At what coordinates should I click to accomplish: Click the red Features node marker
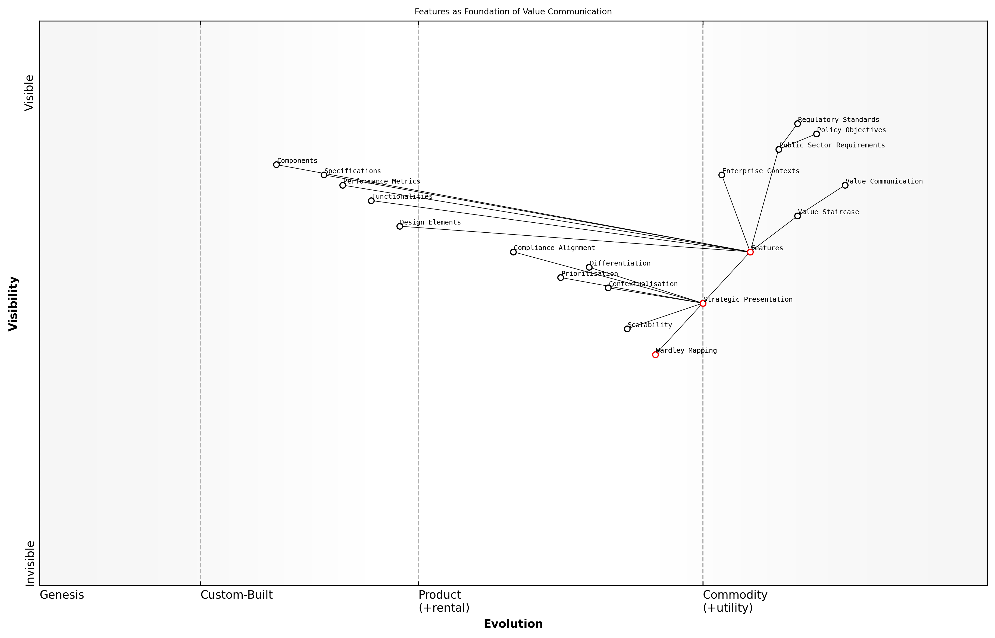click(x=750, y=252)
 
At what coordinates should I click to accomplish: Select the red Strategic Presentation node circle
click(x=703, y=303)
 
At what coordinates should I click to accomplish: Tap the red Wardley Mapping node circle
click(x=655, y=355)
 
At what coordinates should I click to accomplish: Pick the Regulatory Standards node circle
click(x=797, y=124)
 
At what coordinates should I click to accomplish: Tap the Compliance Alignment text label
click(x=554, y=248)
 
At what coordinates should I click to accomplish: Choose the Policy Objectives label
click(x=851, y=130)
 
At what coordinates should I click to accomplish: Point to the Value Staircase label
click(x=828, y=212)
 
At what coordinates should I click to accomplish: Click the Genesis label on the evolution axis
click(x=62, y=595)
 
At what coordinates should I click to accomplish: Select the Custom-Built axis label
click(x=237, y=595)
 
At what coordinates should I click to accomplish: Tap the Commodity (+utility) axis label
click(x=735, y=601)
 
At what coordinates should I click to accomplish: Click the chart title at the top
click(x=513, y=12)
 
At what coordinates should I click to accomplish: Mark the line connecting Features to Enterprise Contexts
click(x=736, y=213)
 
